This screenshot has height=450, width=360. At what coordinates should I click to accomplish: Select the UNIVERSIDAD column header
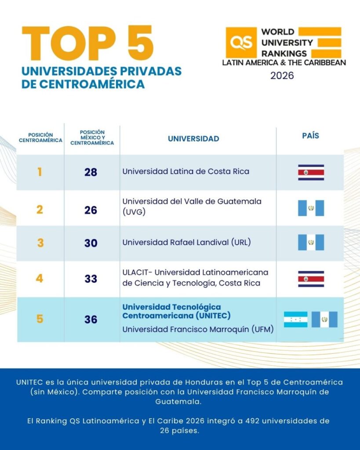click(x=193, y=139)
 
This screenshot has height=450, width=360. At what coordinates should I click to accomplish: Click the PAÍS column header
click(x=310, y=136)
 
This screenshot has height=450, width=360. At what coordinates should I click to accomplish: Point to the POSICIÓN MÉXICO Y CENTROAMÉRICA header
click(x=92, y=138)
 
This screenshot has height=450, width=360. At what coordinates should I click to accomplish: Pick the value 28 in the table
click(x=91, y=172)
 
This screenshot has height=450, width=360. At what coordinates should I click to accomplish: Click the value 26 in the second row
click(x=91, y=210)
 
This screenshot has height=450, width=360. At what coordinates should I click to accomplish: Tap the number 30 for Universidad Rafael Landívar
click(x=91, y=243)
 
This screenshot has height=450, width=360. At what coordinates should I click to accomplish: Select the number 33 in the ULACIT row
click(x=91, y=279)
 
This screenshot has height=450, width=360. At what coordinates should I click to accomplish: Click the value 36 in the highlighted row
click(x=91, y=319)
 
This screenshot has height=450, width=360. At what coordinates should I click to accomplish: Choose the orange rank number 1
click(x=40, y=172)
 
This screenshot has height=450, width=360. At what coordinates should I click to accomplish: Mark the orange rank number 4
click(x=40, y=279)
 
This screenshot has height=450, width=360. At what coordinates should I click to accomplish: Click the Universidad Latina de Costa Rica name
click(x=185, y=171)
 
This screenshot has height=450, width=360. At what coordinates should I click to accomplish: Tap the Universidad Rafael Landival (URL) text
click(x=186, y=242)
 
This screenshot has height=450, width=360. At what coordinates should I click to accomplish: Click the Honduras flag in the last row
click(x=295, y=319)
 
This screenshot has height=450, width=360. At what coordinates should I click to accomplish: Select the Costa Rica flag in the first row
click(x=311, y=173)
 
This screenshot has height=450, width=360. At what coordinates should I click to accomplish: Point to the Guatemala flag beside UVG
click(x=311, y=208)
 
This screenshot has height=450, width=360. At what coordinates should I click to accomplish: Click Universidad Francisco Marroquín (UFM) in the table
click(x=198, y=329)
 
